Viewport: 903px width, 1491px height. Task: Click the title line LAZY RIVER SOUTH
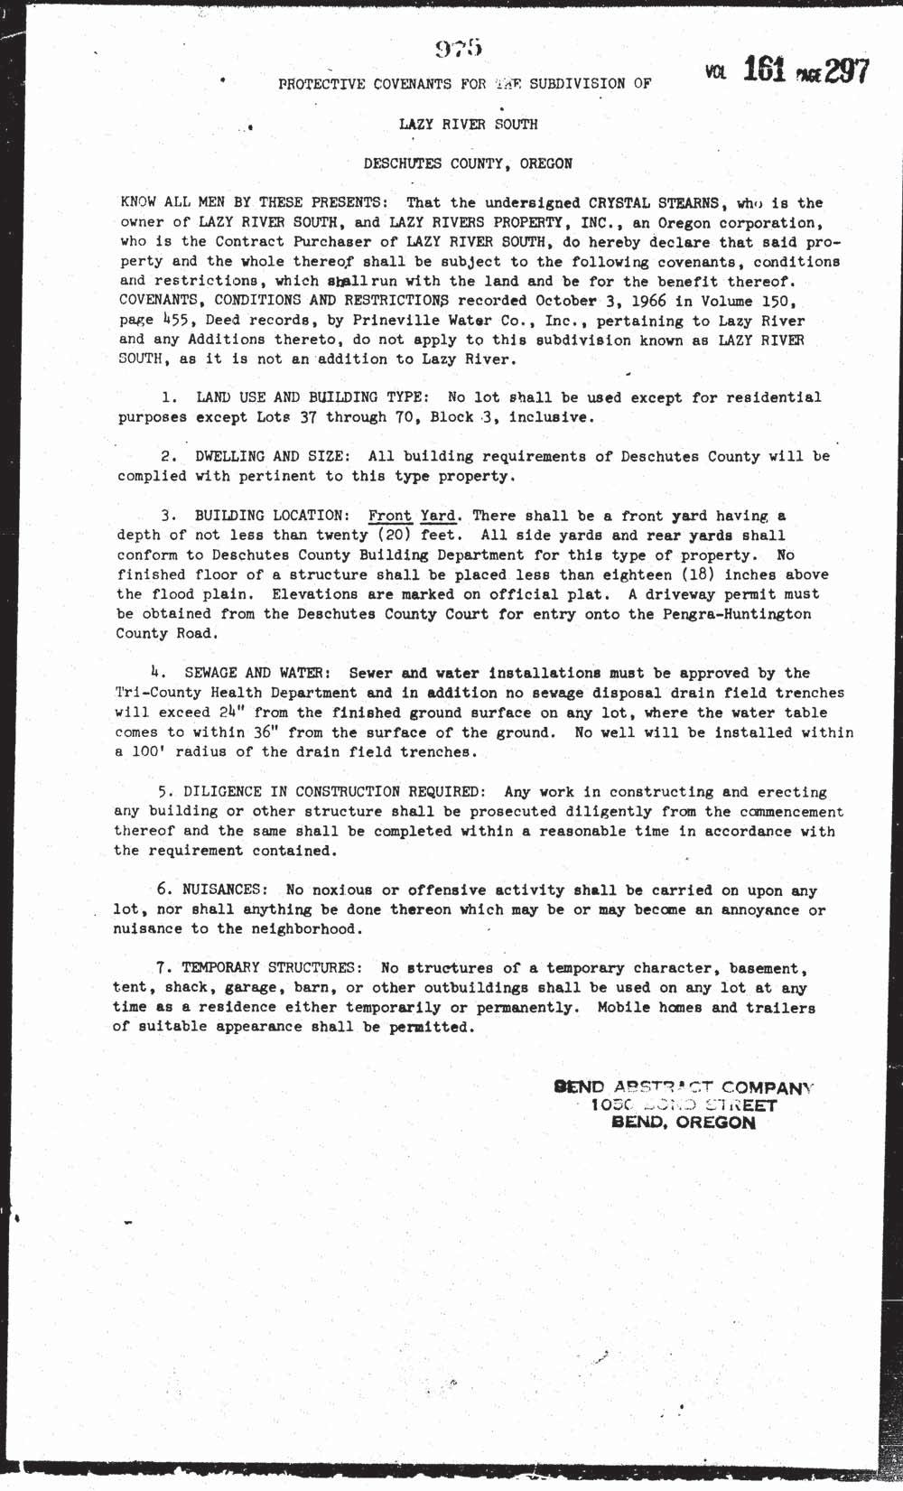coord(469,125)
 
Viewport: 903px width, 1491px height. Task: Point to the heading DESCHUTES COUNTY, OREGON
coord(467,164)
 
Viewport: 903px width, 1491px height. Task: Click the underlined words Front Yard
coord(414,516)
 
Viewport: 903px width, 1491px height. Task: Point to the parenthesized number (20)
coord(391,536)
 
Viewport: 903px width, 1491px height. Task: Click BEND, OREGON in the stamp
coord(684,1123)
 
